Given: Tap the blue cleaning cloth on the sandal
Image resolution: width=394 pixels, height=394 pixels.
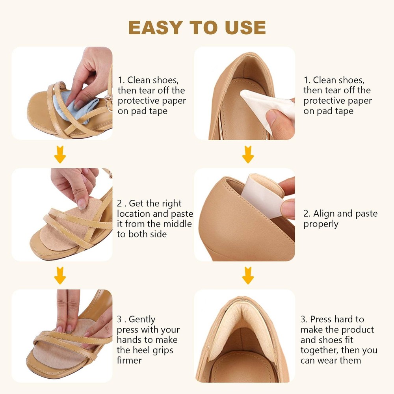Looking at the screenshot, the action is pyautogui.click(x=75, y=106).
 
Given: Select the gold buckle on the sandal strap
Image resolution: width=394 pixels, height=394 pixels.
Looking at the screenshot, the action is pyautogui.click(x=109, y=103).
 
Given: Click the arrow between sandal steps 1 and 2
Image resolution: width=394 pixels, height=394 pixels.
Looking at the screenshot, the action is pyautogui.click(x=60, y=154).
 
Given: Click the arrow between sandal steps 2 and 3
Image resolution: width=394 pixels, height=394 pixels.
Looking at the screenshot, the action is pyautogui.click(x=60, y=276).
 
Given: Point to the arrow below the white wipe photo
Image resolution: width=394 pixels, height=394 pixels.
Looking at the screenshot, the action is pyautogui.click(x=248, y=154).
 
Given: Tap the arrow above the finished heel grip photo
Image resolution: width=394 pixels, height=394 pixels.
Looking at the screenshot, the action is pyautogui.click(x=248, y=276).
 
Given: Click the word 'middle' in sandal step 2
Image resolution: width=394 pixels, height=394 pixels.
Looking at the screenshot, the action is pyautogui.click(x=178, y=224).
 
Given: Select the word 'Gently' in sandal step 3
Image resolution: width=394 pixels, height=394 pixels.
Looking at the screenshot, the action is pyautogui.click(x=142, y=320).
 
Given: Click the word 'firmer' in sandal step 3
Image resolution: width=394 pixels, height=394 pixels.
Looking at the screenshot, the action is pyautogui.click(x=129, y=361).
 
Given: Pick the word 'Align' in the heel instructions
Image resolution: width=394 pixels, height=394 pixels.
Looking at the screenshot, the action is pyautogui.click(x=324, y=214).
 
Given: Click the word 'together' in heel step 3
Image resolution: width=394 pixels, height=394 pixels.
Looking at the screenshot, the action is pyautogui.click(x=320, y=350).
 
